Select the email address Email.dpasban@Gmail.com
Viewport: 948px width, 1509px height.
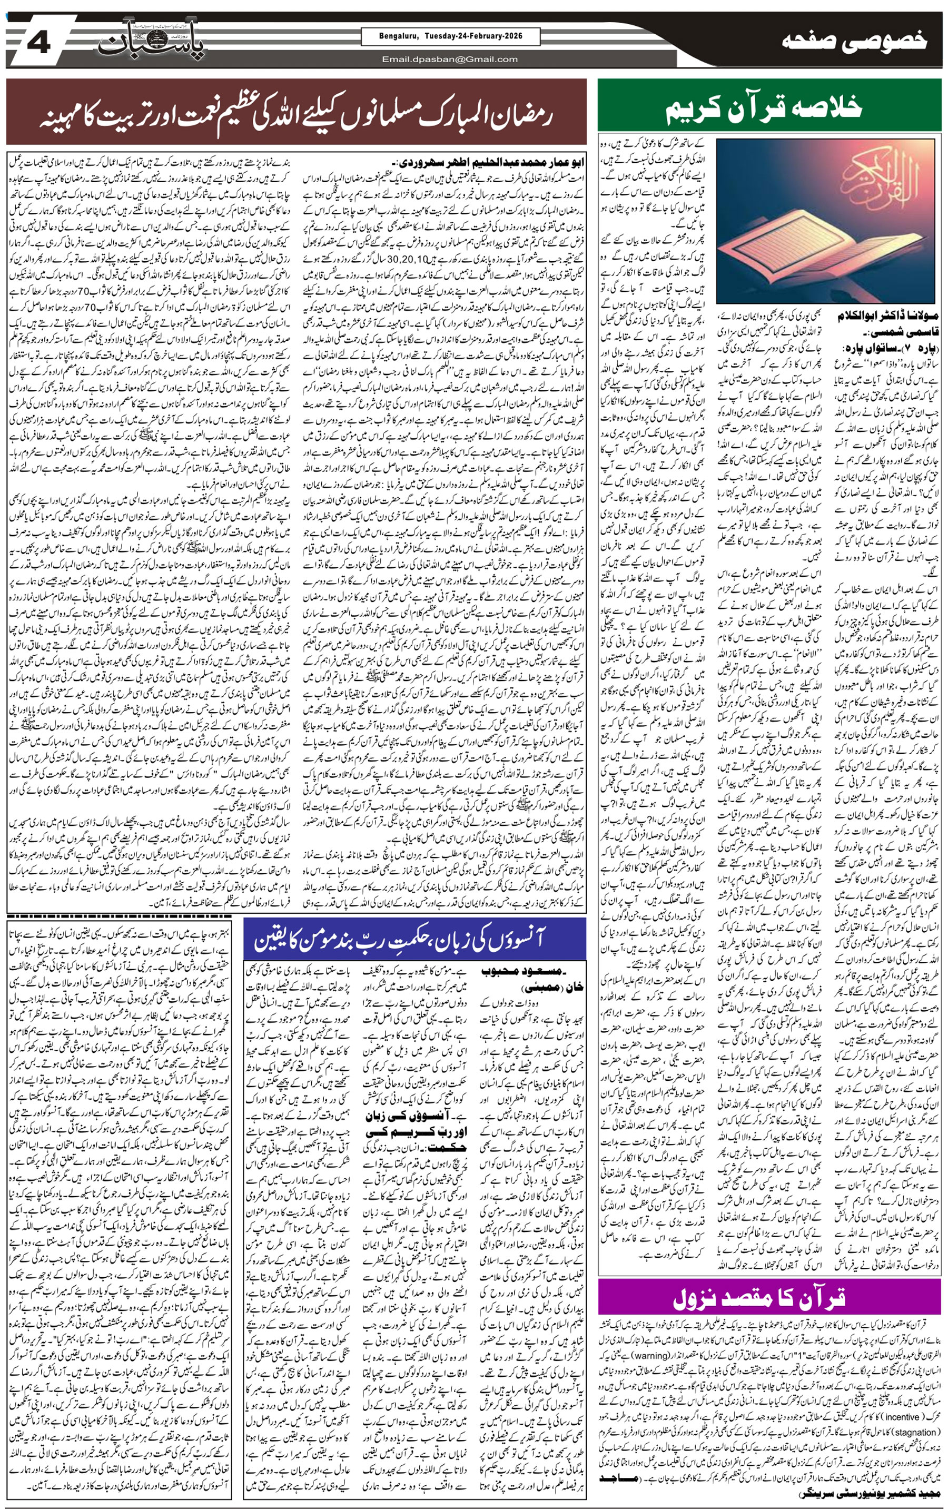[450, 59]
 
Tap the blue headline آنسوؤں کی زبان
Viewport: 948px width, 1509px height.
[415, 938]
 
